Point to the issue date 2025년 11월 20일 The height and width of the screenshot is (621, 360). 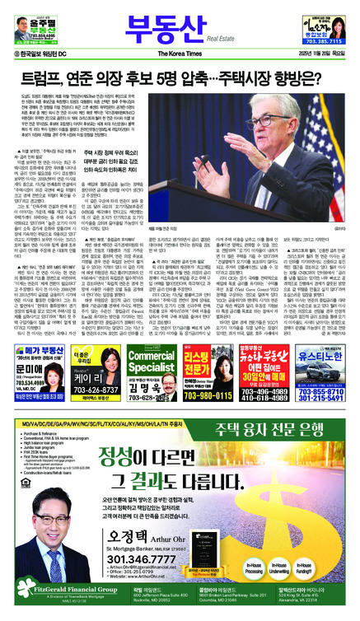pyautogui.click(x=314, y=54)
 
